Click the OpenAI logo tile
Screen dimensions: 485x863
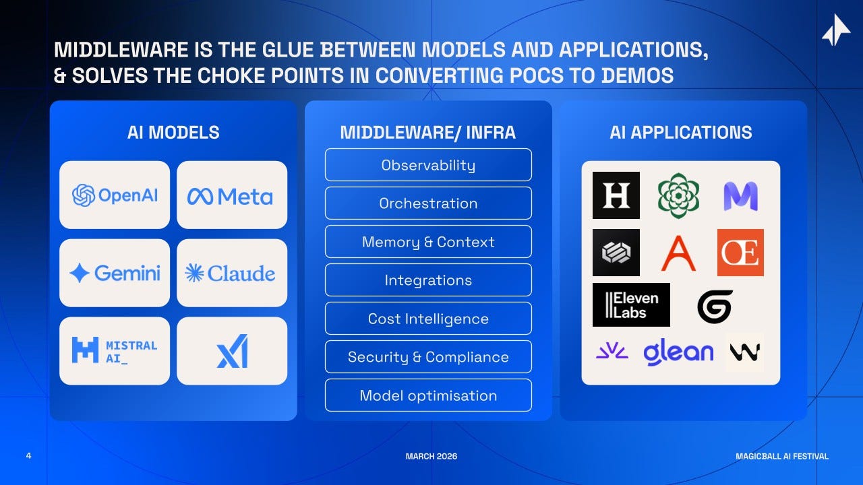coord(115,195)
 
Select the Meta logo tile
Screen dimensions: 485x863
coord(231,195)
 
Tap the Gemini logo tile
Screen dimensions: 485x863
coord(115,273)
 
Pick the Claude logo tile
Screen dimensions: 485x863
coord(231,273)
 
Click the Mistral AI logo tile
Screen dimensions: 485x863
coord(115,351)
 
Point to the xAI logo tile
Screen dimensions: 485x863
coord(231,351)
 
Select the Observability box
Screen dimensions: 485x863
coord(428,165)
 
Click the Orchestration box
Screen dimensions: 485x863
coord(428,203)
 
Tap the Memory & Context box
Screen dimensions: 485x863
coord(428,242)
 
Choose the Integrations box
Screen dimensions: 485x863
coord(428,280)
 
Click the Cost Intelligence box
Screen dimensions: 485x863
coord(428,319)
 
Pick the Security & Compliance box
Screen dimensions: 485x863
coord(428,357)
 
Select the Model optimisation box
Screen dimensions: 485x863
coord(428,395)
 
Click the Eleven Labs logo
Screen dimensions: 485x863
coord(631,304)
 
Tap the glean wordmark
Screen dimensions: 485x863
coord(678,352)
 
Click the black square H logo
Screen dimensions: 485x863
coord(616,195)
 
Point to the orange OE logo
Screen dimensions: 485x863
coord(740,253)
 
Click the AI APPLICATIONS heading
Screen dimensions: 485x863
coord(680,132)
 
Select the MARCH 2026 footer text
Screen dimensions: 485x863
coord(431,457)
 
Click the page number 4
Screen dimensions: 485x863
coord(28,457)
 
